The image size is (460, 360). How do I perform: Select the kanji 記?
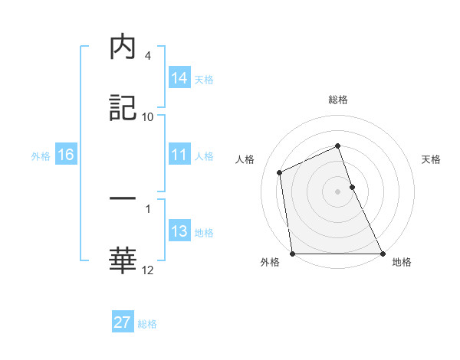click(x=123, y=108)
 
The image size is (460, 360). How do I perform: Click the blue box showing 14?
click(x=179, y=78)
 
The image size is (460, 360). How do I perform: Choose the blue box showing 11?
click(x=179, y=155)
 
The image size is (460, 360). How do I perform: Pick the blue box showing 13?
click(x=179, y=231)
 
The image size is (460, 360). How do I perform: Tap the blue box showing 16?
click(x=65, y=155)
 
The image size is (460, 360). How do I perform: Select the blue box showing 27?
click(x=122, y=322)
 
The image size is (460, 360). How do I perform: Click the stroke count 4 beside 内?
click(x=148, y=56)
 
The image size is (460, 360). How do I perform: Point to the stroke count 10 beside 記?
click(x=148, y=116)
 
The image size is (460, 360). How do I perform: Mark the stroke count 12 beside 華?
click(x=148, y=269)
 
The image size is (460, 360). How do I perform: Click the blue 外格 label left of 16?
click(x=41, y=155)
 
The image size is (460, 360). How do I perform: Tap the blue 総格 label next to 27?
click(x=147, y=324)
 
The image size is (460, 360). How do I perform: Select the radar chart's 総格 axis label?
click(x=337, y=100)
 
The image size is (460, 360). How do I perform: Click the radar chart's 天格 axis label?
click(x=432, y=159)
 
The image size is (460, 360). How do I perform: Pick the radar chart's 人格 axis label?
click(x=245, y=159)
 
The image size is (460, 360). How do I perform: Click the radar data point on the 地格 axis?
click(x=382, y=254)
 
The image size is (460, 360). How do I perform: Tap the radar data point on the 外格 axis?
click(x=292, y=254)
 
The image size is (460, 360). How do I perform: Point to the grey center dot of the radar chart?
click(x=337, y=191)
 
